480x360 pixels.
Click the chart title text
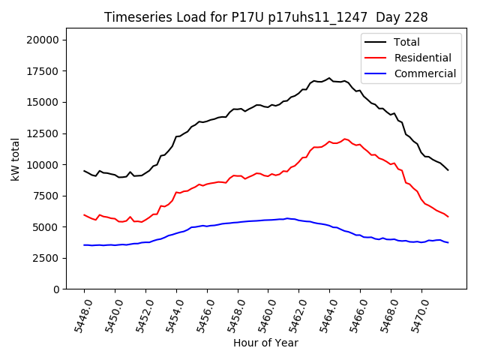pyautogui.click(x=266, y=17)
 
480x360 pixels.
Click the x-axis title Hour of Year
pyautogui.click(x=265, y=343)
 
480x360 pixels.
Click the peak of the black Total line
pyautogui.click(x=329, y=78)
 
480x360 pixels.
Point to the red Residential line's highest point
pyautogui.click(x=344, y=139)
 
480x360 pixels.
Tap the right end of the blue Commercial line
pyautogui.click(x=448, y=242)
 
